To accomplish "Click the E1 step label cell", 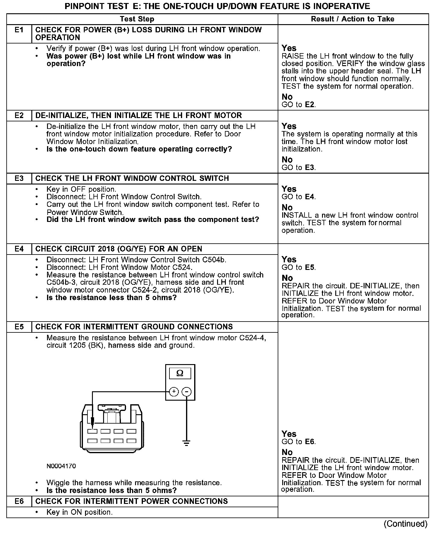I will (19, 30).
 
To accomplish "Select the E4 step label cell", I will (19, 249).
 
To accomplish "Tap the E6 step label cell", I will (19, 501).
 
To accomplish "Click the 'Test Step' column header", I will (137, 19).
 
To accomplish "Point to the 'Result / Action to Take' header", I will (352, 19).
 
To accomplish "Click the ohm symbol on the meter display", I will (180, 373).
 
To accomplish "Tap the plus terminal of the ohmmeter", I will (174, 392).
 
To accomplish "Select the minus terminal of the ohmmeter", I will (187, 392).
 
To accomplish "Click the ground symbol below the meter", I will (187, 443).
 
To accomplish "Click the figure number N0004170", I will (61, 466).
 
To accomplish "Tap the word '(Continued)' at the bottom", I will (406, 524).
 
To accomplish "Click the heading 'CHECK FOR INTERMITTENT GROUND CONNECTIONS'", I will (134, 327).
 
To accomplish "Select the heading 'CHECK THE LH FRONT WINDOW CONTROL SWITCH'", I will (132, 178).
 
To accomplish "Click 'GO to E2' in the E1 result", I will (298, 105).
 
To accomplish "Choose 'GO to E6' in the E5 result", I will (298, 442).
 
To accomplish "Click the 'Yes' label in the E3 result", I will (289, 189).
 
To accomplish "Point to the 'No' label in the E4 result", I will (287, 278).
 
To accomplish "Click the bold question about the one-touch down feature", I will (139, 149).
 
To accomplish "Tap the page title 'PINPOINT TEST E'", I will (217, 6).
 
